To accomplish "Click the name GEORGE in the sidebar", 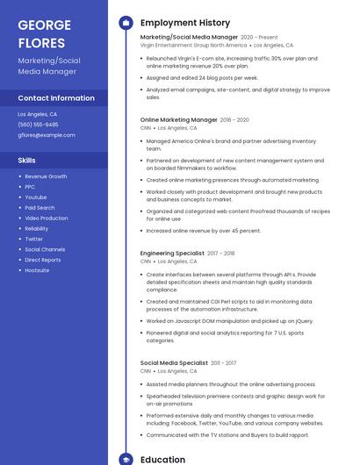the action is pyautogui.click(x=45, y=25).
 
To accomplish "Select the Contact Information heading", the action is pyautogui.click(x=56, y=98).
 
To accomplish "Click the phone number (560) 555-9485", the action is pyautogui.click(x=38, y=125).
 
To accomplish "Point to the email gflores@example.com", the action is pyautogui.click(x=47, y=135).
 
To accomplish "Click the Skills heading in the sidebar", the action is pyautogui.click(x=27, y=161).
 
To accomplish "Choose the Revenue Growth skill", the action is pyautogui.click(x=46, y=176).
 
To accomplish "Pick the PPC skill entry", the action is pyautogui.click(x=30, y=187).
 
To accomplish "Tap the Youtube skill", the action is pyautogui.click(x=36, y=197).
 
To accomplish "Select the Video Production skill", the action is pyautogui.click(x=47, y=218).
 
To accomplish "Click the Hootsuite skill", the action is pyautogui.click(x=37, y=270).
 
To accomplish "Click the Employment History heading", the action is pyautogui.click(x=185, y=23).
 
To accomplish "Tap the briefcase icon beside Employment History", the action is pyautogui.click(x=126, y=23).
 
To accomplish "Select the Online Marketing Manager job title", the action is pyautogui.click(x=178, y=119).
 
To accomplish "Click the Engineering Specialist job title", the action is pyautogui.click(x=172, y=253).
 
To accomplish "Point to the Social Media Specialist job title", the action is pyautogui.click(x=174, y=362).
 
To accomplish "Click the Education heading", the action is pyautogui.click(x=162, y=459).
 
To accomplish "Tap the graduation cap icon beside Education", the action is pyautogui.click(x=126, y=459).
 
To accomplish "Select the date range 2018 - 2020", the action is pyautogui.click(x=234, y=119).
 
